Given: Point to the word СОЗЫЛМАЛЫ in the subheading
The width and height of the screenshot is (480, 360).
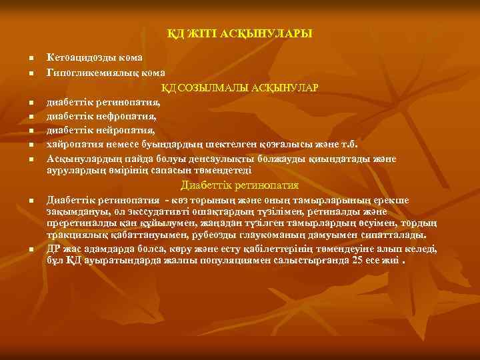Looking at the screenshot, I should click(213, 87).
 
